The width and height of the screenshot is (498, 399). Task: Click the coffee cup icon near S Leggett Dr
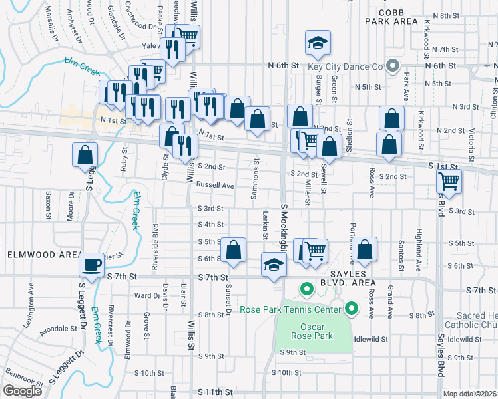pos(91,264)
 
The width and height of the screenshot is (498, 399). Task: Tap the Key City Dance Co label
pos(345,66)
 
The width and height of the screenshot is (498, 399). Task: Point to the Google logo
pos(22,391)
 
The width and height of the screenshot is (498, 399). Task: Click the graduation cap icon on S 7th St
pos(273,263)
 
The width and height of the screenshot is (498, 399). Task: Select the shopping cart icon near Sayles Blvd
pos(449,180)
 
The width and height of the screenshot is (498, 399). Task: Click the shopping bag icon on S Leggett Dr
pos(85,155)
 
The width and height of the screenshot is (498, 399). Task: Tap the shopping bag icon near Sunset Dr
pos(233,251)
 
